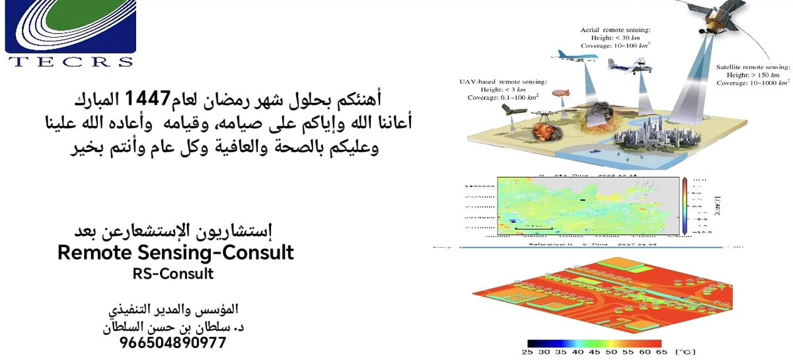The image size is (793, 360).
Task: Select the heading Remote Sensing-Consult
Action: click(x=175, y=252)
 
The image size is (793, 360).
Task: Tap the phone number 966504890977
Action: click(x=173, y=343)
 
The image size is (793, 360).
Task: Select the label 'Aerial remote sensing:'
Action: click(x=615, y=30)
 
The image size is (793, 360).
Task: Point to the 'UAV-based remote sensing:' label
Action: click(x=504, y=81)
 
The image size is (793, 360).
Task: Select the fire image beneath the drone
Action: click(x=546, y=134)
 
